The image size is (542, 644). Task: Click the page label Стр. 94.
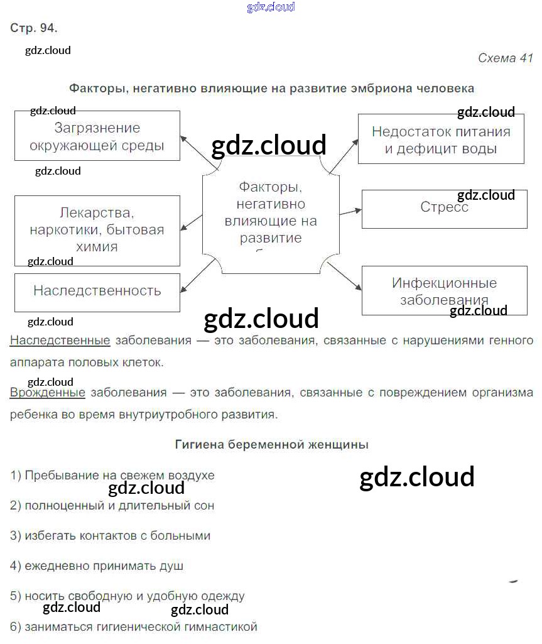point(33,28)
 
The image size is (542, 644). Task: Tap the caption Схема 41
point(505,58)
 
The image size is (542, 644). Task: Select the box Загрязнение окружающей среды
point(97,136)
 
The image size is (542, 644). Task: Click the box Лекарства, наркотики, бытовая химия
point(97,229)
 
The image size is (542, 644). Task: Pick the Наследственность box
point(97,291)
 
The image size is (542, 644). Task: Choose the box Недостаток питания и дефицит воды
point(440,139)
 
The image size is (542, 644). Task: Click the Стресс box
point(444,208)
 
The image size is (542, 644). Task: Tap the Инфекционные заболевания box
point(443,290)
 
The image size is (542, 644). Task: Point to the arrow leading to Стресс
point(349,210)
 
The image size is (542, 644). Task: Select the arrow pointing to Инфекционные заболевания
point(344,276)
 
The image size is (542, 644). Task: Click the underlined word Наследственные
point(60,341)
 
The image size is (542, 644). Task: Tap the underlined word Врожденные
point(48,393)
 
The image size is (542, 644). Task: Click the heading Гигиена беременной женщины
point(271,445)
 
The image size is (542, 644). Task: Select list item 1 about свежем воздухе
point(112,476)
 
